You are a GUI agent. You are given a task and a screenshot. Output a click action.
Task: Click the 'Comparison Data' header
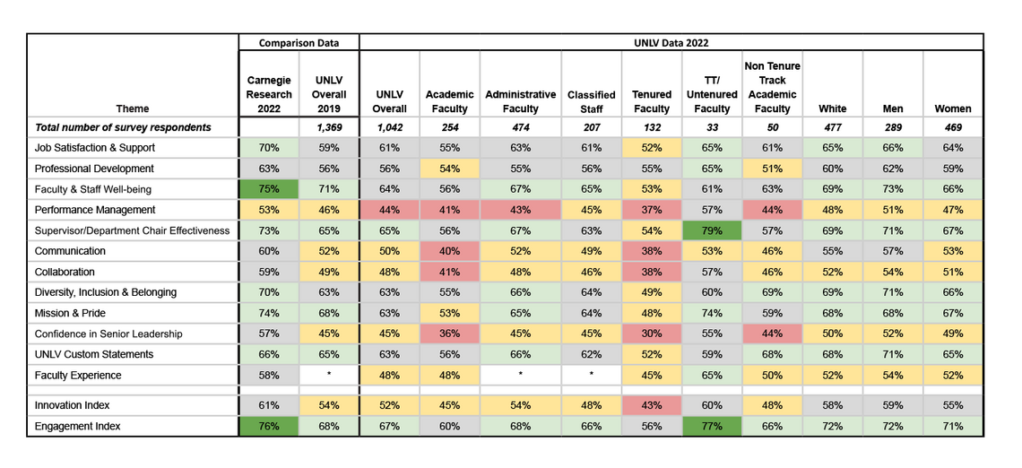(x=299, y=42)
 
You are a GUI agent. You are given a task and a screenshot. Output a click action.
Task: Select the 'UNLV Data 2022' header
(x=671, y=42)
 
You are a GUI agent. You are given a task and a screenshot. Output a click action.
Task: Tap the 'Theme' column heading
(x=133, y=108)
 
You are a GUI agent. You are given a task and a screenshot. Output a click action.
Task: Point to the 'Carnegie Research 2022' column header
(x=269, y=94)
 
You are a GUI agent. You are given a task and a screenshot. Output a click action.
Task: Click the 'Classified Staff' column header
(x=591, y=101)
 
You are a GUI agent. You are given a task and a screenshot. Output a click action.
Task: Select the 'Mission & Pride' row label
(x=70, y=313)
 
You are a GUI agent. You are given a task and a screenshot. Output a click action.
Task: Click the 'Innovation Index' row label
(x=72, y=406)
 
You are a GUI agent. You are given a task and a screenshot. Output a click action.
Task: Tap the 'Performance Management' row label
(x=95, y=210)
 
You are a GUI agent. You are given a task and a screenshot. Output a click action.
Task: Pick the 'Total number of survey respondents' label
(x=123, y=127)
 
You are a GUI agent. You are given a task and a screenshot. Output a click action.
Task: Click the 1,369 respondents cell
(x=329, y=127)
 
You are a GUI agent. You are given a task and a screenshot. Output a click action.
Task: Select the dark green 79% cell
(x=712, y=230)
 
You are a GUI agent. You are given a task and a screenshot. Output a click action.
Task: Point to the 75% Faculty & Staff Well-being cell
(x=269, y=189)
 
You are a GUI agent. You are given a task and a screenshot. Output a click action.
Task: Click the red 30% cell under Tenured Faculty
(x=652, y=334)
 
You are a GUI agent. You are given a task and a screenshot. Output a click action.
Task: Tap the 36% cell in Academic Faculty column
(x=449, y=334)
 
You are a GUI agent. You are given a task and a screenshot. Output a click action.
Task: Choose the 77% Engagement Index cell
(x=712, y=427)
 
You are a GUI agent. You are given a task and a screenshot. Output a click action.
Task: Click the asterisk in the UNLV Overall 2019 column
(x=329, y=375)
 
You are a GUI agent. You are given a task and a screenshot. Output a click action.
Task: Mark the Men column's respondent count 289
(x=893, y=127)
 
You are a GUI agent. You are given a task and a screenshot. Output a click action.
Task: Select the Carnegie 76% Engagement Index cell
(x=269, y=427)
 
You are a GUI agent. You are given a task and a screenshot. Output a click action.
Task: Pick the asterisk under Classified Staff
(x=591, y=375)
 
